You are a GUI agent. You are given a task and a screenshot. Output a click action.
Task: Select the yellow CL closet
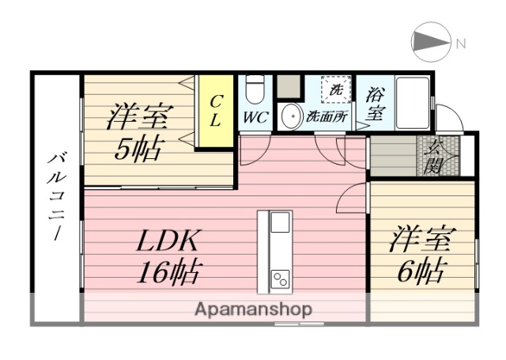pyautogui.click(x=215, y=112)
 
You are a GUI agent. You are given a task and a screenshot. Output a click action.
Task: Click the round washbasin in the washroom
pyautogui.click(x=290, y=116)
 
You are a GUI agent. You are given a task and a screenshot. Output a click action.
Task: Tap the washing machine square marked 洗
pyautogui.click(x=335, y=89)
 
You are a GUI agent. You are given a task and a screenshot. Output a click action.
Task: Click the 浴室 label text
pyautogui.click(x=375, y=102)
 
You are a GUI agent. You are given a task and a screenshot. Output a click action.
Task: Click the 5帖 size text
pyautogui.click(x=138, y=148)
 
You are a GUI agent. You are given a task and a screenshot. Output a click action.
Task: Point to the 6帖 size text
pyautogui.click(x=419, y=271)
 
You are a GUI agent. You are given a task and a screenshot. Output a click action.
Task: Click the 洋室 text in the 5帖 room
pyautogui.click(x=138, y=117)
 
